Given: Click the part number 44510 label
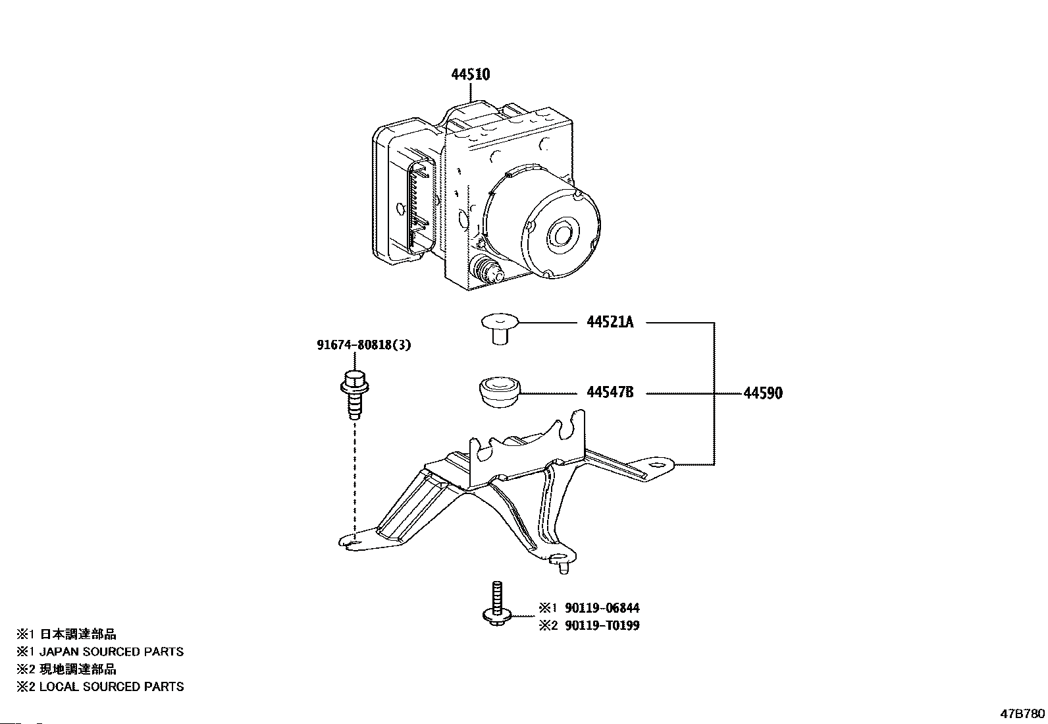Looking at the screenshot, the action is (471, 74).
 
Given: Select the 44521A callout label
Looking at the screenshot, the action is (610, 322).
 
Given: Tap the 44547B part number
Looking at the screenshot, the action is (610, 392).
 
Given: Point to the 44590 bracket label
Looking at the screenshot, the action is (763, 393).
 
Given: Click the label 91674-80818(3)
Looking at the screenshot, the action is (364, 345).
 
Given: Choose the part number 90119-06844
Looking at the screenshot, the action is (602, 608).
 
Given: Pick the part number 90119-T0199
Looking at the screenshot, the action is (602, 626).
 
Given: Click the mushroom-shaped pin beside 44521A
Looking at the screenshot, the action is (500, 329).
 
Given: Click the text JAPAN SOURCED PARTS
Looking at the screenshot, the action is (111, 652).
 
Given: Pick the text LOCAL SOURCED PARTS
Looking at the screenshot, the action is (111, 686).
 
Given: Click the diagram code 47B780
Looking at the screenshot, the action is (1023, 713).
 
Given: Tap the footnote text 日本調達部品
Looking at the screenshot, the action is (78, 634).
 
